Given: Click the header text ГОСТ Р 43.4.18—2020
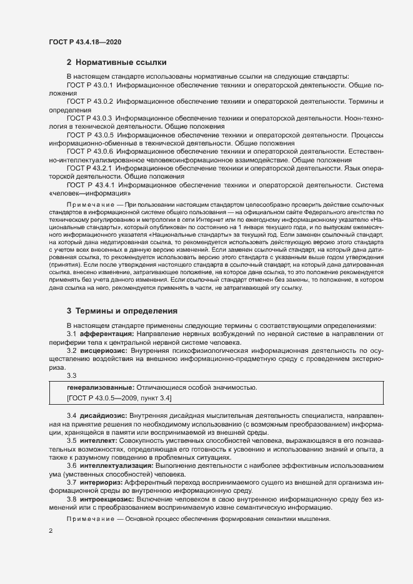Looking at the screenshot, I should point(84,42).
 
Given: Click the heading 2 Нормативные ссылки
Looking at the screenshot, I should point(117,62).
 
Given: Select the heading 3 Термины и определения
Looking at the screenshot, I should point(122,310).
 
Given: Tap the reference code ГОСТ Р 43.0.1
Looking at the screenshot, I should point(89,84).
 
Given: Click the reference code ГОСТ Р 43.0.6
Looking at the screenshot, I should point(89,151).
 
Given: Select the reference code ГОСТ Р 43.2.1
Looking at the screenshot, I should point(89,168).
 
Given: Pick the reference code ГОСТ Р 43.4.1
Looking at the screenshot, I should point(89,185).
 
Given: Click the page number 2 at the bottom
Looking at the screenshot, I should point(51,531).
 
